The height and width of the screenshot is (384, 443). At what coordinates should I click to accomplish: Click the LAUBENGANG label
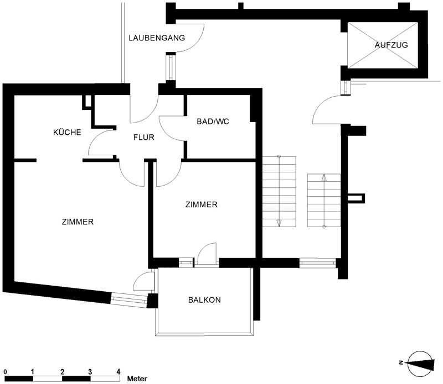pos(157,38)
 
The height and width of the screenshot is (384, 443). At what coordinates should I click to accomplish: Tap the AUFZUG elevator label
pos(392,45)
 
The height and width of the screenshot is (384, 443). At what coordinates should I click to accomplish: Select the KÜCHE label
pos(67,132)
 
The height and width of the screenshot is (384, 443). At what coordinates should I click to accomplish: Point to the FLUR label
pos(144,138)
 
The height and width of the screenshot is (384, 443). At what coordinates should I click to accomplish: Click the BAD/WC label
pos(213,122)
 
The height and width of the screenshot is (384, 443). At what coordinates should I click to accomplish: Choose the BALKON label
pos(204,299)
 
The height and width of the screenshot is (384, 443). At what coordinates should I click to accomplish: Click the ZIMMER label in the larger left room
pos(78,222)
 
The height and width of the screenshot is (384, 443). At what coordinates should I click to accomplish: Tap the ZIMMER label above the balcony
pos(202,204)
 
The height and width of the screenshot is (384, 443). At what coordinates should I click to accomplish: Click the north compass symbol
pos(420,364)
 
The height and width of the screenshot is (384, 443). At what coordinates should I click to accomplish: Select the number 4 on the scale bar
pos(119,372)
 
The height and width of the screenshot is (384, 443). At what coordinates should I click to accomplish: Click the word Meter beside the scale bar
pos(137,378)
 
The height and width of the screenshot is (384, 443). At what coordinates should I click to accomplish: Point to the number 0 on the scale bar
pos(6,372)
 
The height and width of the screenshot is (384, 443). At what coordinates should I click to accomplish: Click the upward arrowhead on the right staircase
pos(324,178)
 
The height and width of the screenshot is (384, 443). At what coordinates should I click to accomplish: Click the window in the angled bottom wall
pos(129,299)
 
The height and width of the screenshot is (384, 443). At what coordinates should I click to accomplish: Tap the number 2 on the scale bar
pos(62,372)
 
